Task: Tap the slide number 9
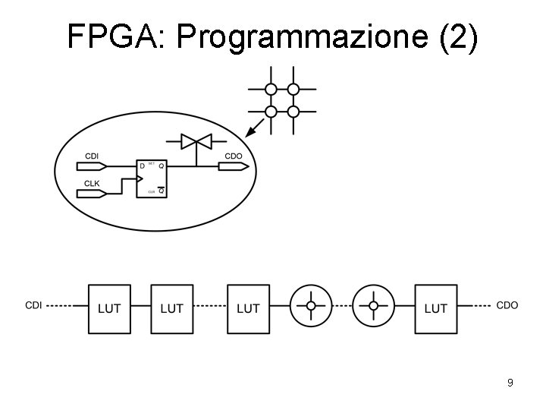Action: click(x=510, y=383)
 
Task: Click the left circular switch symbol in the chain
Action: click(x=311, y=306)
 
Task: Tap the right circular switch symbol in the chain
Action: click(x=373, y=306)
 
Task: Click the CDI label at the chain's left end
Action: click(x=33, y=305)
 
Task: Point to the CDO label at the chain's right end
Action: click(x=507, y=305)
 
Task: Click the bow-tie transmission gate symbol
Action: click(x=195, y=141)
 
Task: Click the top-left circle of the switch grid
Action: click(x=269, y=88)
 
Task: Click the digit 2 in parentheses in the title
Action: click(x=457, y=36)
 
